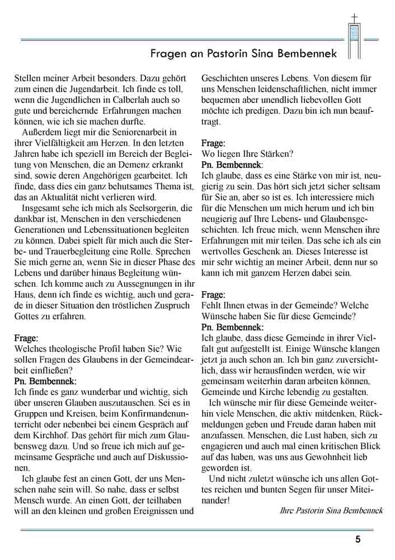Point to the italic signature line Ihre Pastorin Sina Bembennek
click(331, 510)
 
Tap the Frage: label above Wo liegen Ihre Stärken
click(213, 143)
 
